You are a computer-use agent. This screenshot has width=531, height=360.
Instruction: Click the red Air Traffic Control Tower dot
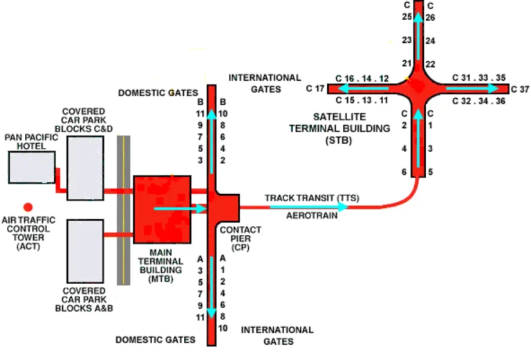click(x=28, y=207)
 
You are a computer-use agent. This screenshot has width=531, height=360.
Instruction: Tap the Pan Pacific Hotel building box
click(x=32, y=168)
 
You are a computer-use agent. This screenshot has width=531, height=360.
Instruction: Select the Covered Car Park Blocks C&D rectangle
click(x=85, y=168)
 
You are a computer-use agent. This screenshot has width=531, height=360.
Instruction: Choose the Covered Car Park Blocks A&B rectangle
click(x=85, y=251)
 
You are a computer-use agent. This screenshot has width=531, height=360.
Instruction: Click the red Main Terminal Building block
click(x=162, y=207)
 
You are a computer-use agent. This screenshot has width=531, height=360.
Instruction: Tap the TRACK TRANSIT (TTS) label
click(x=312, y=198)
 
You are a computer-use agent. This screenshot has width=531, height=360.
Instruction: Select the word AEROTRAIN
click(x=312, y=216)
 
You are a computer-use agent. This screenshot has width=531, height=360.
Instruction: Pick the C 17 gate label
click(x=315, y=89)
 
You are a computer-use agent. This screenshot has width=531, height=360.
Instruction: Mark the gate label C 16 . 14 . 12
click(x=362, y=78)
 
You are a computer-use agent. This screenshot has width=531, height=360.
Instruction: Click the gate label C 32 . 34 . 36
click(x=478, y=101)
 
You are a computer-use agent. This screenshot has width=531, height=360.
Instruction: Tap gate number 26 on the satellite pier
click(x=429, y=17)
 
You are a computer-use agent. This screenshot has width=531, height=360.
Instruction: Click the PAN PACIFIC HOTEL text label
click(x=31, y=142)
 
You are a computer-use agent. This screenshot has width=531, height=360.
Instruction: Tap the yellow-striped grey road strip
click(x=123, y=210)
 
